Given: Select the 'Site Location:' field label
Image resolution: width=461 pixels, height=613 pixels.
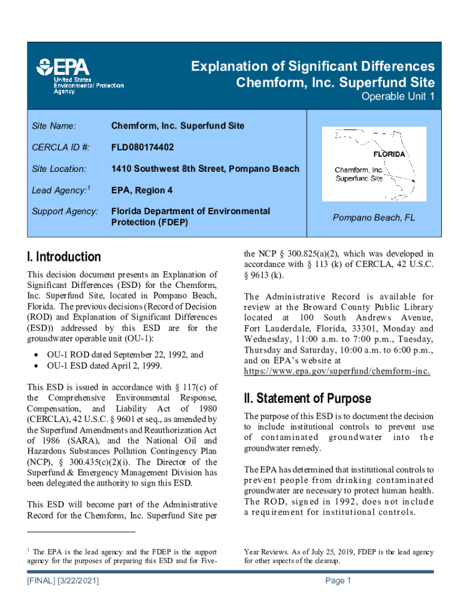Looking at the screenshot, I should (59, 169).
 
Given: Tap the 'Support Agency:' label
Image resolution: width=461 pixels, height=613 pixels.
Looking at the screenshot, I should (65, 211).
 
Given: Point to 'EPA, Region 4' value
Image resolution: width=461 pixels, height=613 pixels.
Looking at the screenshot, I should (141, 190).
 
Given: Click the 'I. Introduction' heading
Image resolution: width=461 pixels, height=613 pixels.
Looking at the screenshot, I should (64, 257).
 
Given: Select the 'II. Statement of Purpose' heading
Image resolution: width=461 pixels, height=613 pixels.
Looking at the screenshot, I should (307, 398).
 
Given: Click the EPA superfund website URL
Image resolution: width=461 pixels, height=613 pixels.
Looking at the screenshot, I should (336, 371).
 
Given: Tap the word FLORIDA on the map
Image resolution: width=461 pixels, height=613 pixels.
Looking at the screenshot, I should (389, 154).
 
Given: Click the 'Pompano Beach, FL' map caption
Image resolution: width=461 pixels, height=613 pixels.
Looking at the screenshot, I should (374, 218).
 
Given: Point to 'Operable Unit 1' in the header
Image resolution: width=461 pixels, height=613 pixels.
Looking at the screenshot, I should (398, 97).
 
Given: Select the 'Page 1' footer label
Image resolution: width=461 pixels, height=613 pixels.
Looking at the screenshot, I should (338, 581).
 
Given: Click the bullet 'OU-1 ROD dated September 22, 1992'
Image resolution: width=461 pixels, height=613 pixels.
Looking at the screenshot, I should (126, 354).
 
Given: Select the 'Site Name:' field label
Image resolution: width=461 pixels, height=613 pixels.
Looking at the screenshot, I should (54, 126).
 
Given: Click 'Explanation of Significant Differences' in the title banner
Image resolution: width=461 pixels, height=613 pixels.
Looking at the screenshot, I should (313, 66).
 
